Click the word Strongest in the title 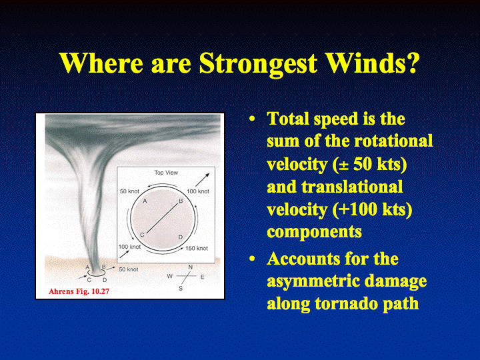click(x=259, y=64)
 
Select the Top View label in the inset click(x=166, y=173)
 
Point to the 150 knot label click(x=197, y=248)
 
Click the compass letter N click(x=191, y=267)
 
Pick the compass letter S click(x=181, y=289)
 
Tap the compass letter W click(x=169, y=276)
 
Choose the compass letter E click(x=203, y=277)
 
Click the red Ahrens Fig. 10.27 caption click(x=79, y=291)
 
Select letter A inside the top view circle click(x=145, y=201)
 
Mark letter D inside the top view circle click(x=180, y=237)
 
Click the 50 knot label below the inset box click(x=129, y=269)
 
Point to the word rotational click(x=393, y=141)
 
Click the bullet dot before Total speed click(x=252, y=119)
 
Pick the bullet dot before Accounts click(x=252, y=259)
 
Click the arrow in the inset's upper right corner click(x=203, y=180)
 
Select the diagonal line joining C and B click(x=162, y=218)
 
